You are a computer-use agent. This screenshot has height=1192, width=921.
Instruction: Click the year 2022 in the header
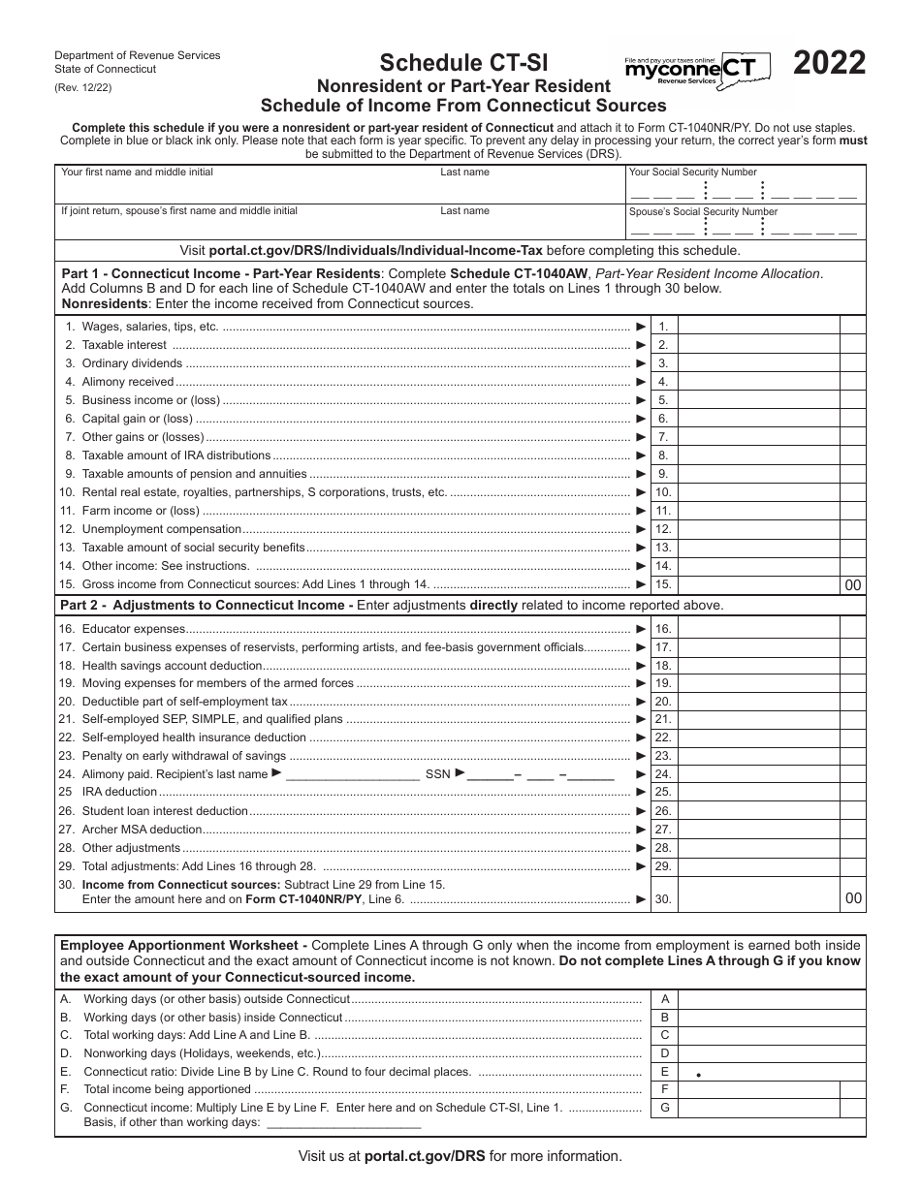point(830,64)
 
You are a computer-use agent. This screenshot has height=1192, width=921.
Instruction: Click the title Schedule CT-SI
point(463,63)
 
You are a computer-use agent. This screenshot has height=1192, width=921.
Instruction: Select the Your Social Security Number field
point(745,191)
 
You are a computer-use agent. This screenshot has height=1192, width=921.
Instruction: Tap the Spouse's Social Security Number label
point(703,211)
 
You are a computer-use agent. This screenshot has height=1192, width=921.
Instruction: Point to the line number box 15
point(663,584)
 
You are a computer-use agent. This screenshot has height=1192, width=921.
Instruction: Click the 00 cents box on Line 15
point(852,585)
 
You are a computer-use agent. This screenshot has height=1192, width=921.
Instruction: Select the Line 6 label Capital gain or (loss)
point(137,419)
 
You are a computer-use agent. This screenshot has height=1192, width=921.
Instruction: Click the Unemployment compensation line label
point(161,529)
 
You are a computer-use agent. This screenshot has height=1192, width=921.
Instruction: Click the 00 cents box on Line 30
point(852,899)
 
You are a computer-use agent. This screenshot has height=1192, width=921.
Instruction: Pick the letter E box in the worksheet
point(665,1072)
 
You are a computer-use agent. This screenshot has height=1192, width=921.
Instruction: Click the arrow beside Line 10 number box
point(641,492)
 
